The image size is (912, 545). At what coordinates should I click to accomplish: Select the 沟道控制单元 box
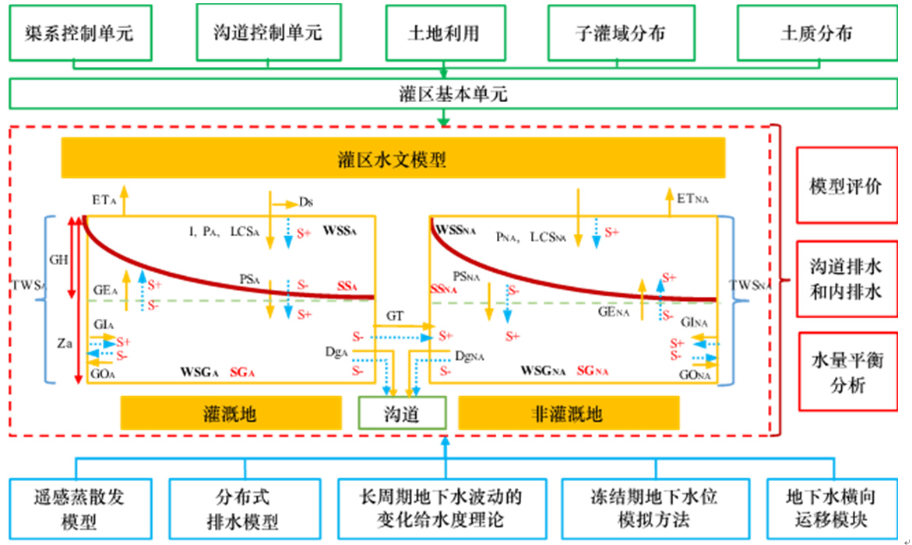267,33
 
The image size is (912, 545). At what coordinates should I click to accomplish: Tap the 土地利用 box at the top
443,33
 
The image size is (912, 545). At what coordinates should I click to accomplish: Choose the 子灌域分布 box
621,33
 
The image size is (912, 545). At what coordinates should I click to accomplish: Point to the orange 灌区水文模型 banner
393,159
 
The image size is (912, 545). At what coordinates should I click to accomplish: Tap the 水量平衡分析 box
847,373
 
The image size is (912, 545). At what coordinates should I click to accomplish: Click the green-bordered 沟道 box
402,413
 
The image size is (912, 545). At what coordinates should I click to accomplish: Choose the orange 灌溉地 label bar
231,413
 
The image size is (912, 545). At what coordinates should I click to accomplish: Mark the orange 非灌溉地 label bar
569,413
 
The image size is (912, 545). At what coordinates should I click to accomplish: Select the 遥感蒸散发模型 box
79,508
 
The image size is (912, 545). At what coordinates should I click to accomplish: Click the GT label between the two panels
395,316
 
